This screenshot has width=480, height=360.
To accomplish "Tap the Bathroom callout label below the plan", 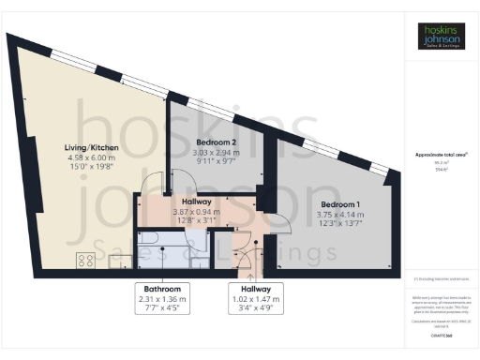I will pyautogui.click(x=162, y=290).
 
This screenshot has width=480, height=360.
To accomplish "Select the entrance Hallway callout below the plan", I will pyautogui.click(x=255, y=290).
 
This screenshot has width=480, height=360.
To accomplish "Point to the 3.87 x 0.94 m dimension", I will pyautogui.click(x=197, y=212).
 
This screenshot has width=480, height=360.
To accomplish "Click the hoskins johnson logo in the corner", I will pyautogui.click(x=440, y=36).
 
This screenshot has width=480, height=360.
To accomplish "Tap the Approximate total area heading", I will pyautogui.click(x=441, y=155).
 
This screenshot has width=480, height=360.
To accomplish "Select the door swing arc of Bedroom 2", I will pyautogui.click(x=157, y=180).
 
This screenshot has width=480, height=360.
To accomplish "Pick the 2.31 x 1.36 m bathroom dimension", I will pyautogui.click(x=162, y=300).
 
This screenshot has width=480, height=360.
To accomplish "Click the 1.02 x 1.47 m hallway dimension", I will pyautogui.click(x=255, y=300).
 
